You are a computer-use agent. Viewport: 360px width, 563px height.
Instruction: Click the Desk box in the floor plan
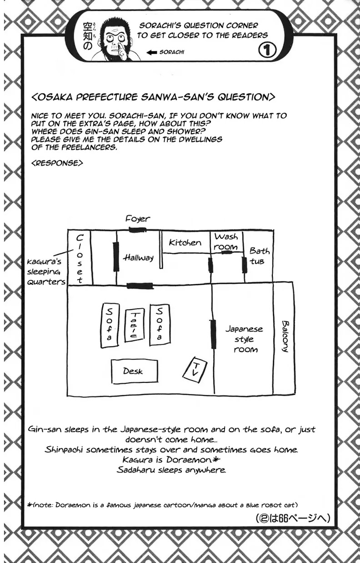(x=135, y=372)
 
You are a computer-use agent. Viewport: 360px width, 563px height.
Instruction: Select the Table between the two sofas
(x=135, y=325)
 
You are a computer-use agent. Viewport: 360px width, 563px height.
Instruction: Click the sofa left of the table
(x=110, y=325)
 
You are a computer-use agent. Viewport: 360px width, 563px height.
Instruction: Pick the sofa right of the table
(x=160, y=325)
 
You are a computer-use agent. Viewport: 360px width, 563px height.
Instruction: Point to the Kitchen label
(x=185, y=242)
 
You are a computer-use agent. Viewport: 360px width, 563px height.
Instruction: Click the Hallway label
(x=138, y=257)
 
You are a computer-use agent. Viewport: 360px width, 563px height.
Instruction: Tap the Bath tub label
(x=259, y=256)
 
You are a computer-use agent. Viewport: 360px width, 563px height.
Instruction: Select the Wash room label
(x=226, y=242)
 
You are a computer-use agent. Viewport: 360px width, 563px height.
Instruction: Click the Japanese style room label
(x=244, y=339)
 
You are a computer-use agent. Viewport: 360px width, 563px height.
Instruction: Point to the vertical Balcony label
(x=285, y=337)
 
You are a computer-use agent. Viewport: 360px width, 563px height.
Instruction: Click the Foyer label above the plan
(x=138, y=219)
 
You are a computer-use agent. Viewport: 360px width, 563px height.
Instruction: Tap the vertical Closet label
(x=80, y=259)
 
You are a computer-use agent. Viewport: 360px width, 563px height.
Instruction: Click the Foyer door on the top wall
(x=137, y=230)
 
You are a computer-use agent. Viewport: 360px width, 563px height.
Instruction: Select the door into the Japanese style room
(x=214, y=334)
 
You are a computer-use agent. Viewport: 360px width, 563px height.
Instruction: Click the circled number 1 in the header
(x=267, y=51)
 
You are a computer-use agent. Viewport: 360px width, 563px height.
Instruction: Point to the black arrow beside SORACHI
(x=152, y=52)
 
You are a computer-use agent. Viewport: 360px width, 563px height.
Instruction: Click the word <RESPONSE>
(x=57, y=163)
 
